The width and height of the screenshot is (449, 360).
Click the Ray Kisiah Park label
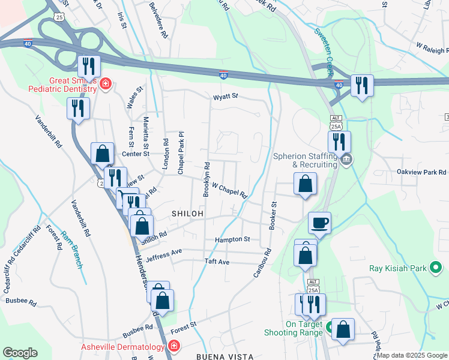tap(397, 268)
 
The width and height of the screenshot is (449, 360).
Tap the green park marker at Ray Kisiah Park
tap(436, 268)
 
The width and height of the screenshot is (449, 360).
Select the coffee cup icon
tap(319, 223)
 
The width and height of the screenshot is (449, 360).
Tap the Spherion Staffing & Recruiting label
tap(304, 160)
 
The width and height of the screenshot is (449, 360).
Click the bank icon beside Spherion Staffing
tap(346, 160)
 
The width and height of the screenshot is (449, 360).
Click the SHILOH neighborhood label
tap(188, 214)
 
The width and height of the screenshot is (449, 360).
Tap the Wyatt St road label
tap(225, 96)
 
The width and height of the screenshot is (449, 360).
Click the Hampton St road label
tap(232, 239)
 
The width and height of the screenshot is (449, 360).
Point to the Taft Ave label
tap(217, 262)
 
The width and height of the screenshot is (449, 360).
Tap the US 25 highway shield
tap(59, 16)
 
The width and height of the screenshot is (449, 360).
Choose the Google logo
tap(20, 353)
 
